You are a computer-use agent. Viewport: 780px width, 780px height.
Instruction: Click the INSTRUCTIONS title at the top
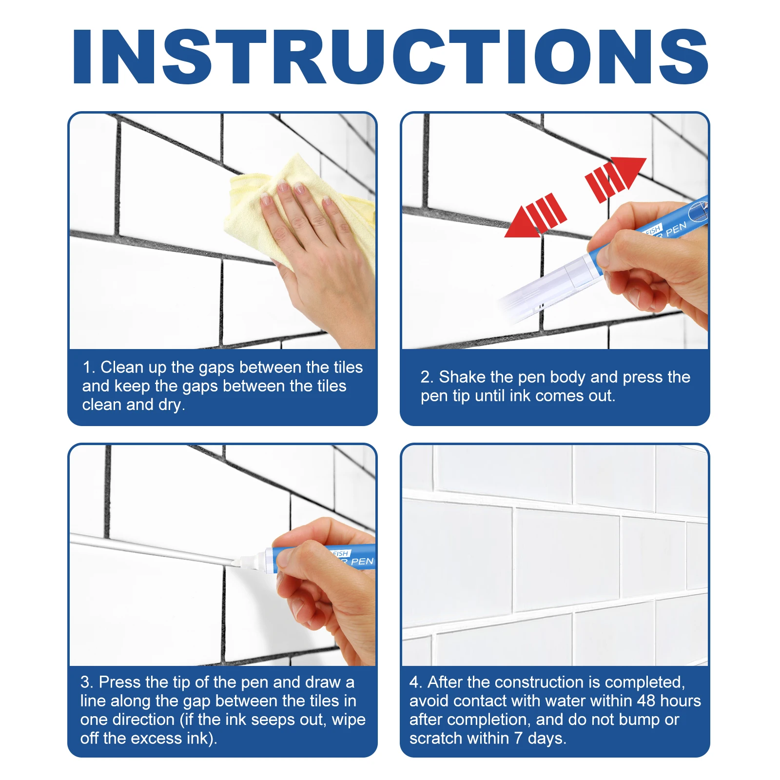coord(390,57)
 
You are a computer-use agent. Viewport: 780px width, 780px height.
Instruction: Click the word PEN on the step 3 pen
coord(362,562)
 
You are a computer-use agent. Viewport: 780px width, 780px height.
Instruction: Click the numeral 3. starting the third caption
coord(87,682)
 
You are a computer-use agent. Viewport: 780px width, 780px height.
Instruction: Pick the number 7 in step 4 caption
coord(519,738)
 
